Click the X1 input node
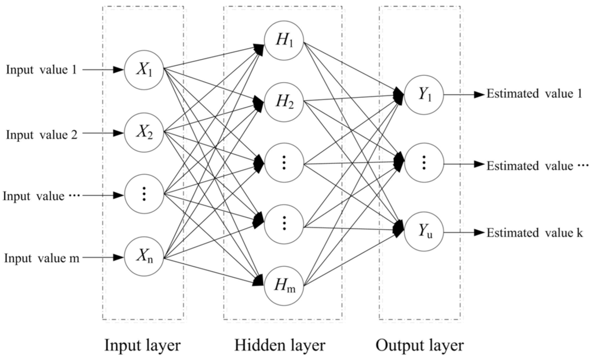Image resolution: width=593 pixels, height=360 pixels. point(144,69)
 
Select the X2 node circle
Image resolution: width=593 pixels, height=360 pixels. point(144,133)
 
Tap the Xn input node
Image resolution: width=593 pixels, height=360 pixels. point(144,256)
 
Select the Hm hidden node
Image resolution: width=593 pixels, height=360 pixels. point(284,285)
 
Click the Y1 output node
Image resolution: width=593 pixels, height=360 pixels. point(424,94)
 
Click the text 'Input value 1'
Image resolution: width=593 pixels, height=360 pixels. point(41,69)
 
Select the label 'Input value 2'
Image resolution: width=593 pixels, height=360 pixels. point(41,134)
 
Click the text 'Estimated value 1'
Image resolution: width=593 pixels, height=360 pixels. point(534,94)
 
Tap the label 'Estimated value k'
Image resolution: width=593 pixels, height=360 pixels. point(534,233)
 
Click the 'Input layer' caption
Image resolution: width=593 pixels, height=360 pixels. point(142,346)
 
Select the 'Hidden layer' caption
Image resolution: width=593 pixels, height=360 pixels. point(280,346)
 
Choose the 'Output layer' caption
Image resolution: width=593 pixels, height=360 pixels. point(419,346)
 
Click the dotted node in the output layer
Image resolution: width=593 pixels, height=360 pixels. point(424,163)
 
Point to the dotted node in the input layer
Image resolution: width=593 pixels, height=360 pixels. point(144,194)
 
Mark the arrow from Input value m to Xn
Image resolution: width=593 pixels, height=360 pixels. point(104,256)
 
